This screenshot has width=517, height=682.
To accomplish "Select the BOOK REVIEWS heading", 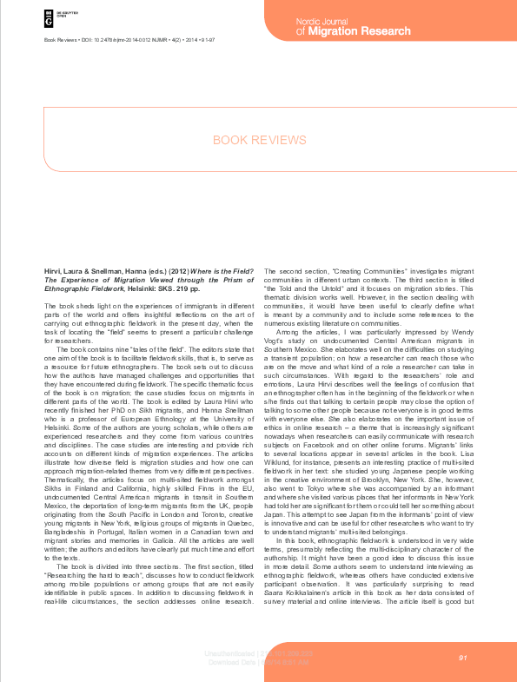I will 259,140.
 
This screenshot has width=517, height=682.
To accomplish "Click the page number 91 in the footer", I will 463,658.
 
